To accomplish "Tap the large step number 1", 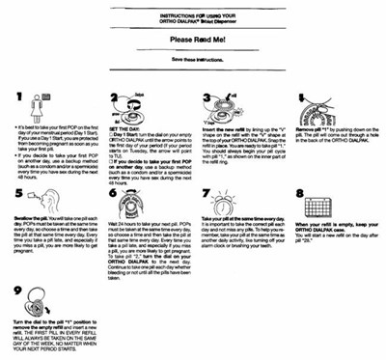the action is pyautogui.click(x=18, y=99).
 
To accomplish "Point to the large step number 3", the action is pyautogui.click(x=207, y=99).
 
